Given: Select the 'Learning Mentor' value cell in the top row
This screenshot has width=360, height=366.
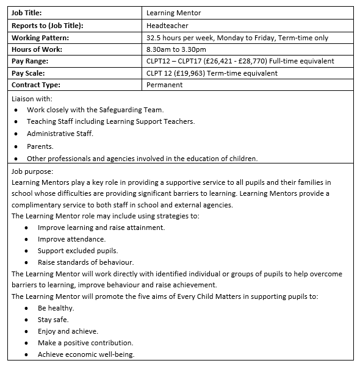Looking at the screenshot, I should point(175,13).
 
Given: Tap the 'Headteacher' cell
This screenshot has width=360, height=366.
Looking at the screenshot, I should point(168,25).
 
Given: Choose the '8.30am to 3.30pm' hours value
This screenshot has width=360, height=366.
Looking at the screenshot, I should point(176,49).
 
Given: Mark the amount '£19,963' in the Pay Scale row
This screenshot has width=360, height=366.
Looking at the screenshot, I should point(196,73).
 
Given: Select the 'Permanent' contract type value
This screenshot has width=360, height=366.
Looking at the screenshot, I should point(165,85).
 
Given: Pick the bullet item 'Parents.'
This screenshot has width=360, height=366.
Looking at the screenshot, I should point(40,146).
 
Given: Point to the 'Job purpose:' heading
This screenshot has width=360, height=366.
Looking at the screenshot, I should point(32,171).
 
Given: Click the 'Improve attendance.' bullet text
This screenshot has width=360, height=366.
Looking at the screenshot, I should point(71,239).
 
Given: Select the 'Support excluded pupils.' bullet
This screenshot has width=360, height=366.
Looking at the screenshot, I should point(77,250).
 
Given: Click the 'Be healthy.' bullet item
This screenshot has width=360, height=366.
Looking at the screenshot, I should point(56,308).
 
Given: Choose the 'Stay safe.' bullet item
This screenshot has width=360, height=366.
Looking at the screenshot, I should point(53,319).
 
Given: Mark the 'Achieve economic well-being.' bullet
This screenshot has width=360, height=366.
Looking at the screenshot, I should point(85,354).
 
